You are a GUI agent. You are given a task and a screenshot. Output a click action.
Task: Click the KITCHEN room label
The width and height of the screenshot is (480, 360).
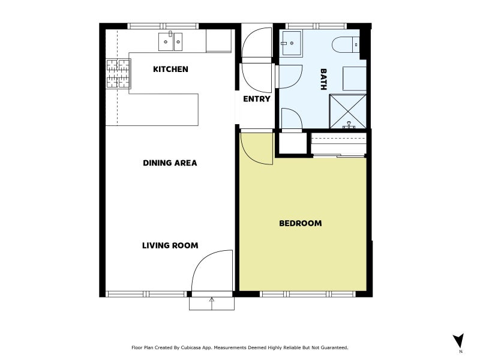pos(170,70)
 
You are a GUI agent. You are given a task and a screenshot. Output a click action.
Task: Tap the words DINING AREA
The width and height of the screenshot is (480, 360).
pos(170,163)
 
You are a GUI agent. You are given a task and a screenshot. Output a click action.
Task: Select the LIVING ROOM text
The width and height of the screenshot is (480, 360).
pos(170,245)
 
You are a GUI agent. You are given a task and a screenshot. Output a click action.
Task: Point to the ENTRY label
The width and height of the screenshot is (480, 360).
pos(257,99)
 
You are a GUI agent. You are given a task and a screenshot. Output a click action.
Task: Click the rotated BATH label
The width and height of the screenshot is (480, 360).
pos(323,80)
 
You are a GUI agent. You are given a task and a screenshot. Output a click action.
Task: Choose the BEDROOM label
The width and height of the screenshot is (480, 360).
pos(300,224)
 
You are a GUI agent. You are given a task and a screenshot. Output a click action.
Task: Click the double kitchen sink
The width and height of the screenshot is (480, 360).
pos(170,41)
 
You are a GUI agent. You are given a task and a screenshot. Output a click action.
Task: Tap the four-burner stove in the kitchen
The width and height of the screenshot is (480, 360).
pos(118,73)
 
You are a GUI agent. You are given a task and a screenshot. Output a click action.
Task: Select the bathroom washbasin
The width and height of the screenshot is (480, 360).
pos(292,43)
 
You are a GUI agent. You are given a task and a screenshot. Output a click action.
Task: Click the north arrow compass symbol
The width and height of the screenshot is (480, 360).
pos(458,341)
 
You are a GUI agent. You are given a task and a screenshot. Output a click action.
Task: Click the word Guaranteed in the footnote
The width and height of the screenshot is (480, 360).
pos(334,347)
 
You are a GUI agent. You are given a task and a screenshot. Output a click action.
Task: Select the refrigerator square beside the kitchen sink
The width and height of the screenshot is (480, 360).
pos(218,41)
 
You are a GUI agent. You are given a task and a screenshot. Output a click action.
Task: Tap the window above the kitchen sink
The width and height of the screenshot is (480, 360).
pos(163,26)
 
